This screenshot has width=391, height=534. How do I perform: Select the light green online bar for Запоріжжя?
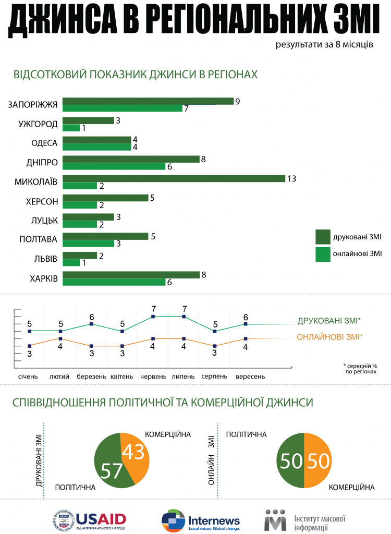[122, 108]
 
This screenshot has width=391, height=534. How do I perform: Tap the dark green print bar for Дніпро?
[131, 159]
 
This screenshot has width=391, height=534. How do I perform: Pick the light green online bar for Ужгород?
[71, 128]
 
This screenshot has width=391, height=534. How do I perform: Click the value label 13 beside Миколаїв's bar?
[291, 178]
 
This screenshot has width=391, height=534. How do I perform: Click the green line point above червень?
[153, 317]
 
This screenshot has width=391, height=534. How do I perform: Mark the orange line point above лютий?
[61, 338]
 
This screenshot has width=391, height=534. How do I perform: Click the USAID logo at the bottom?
[89, 519]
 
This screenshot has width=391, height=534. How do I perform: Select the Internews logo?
[200, 520]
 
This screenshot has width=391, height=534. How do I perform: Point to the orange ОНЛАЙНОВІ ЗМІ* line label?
[329, 337]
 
